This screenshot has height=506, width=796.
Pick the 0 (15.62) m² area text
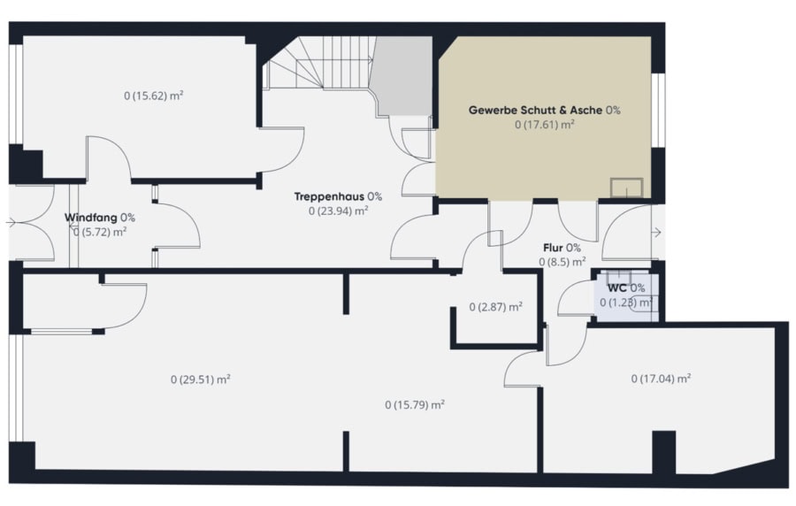(153, 96)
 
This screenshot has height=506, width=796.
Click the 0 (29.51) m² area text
(201, 379)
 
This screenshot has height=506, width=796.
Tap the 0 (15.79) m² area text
(415, 404)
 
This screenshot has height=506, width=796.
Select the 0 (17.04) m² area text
(661, 378)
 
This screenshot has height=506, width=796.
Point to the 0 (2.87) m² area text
(495, 307)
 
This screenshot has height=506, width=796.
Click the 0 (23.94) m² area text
(338, 211)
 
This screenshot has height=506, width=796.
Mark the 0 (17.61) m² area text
(544, 125)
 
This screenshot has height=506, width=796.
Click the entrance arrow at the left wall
(11, 222)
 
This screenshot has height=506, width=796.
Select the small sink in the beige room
(626, 188)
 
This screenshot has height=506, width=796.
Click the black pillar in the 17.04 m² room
(663, 452)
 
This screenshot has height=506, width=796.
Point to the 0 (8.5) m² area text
(562, 262)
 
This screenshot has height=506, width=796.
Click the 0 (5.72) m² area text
(99, 232)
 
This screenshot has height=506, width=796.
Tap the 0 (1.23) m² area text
(626, 303)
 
